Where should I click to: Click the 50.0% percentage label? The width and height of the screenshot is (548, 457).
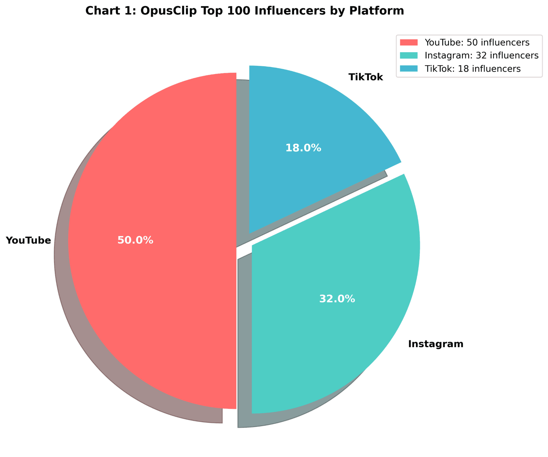[x=135, y=240]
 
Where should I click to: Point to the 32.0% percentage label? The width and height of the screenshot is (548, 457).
[x=337, y=299]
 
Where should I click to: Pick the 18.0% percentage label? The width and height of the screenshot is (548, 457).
[x=303, y=148]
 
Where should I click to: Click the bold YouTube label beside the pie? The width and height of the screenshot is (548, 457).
[x=28, y=240]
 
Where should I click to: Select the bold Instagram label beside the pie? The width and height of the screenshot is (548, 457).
[x=435, y=344]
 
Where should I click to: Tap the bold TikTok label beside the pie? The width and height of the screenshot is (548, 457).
[x=365, y=77]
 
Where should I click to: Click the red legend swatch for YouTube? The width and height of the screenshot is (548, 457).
[x=408, y=42]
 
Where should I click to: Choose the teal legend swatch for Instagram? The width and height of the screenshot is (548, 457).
[x=408, y=55]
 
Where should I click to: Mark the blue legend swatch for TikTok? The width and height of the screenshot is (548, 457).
[x=408, y=69]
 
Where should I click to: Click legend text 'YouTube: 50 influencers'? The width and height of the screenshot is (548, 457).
[x=477, y=42]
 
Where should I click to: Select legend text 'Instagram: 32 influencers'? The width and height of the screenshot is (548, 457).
[x=481, y=56]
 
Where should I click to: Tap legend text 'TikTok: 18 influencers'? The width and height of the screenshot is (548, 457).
[x=472, y=69]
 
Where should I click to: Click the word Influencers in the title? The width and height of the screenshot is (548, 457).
[x=290, y=11]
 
